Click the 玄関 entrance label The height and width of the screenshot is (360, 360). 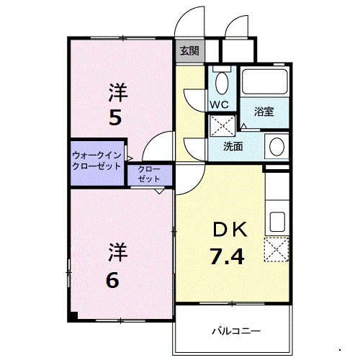coord(190,51)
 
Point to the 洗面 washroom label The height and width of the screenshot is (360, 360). coord(232,146)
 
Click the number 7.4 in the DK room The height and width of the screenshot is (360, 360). coord(228,254)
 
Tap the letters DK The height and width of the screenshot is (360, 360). coord(228,230)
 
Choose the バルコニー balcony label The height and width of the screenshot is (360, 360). coord(235,331)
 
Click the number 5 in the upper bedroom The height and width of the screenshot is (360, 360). coord(115,116)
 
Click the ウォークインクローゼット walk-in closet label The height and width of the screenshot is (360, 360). coord(96,159)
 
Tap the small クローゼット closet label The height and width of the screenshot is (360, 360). coord(150,174)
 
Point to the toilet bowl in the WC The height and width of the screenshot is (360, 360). coord(222,81)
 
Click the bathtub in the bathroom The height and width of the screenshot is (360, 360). coord(264,81)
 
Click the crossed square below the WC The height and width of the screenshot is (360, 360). coord(220,125)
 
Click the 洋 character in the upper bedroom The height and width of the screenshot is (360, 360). coord(117,92)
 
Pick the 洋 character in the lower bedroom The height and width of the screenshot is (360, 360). coord(117,253)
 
